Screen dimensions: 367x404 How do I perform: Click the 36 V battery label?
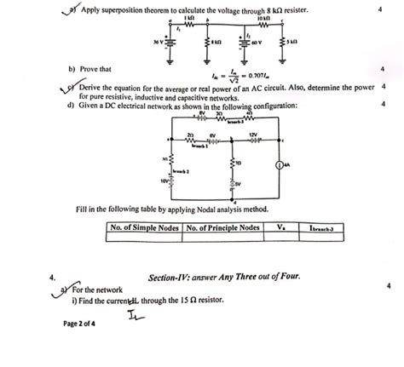[153, 39]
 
